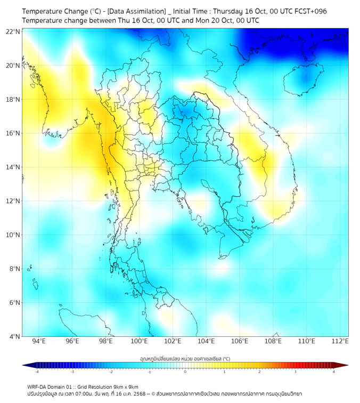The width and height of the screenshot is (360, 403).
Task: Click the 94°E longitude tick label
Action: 39,342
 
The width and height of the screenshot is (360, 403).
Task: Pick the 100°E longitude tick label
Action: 139,342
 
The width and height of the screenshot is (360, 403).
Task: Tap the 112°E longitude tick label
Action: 340,342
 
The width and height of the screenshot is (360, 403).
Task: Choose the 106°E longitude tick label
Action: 239,342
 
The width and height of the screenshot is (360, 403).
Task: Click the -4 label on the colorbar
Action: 37,372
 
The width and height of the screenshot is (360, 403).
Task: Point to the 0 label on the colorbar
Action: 185,372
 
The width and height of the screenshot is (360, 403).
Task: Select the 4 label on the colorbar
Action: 334,372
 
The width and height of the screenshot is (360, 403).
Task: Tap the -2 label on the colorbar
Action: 111,372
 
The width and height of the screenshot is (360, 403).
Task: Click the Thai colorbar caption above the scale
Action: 185,358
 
